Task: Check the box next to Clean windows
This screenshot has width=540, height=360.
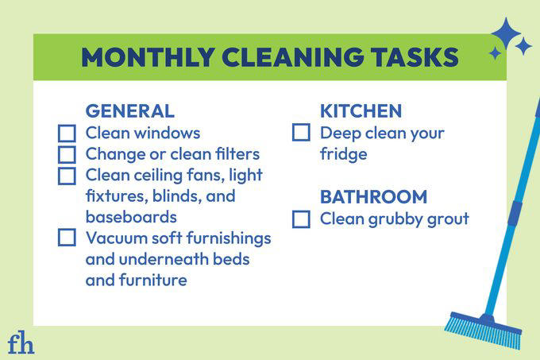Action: pos(67,134)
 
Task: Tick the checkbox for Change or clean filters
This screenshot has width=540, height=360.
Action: pos(67,154)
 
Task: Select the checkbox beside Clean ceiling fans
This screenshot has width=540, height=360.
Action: pos(67,175)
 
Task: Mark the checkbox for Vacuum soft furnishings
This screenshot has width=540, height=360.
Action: pos(67,238)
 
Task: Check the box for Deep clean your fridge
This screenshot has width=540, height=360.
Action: pos(301,134)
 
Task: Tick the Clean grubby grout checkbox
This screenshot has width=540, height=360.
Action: pos(301,219)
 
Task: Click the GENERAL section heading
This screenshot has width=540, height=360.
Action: pos(129,110)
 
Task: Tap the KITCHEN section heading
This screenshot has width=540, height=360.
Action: pos(361,110)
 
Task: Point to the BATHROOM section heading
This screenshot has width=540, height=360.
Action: pos(373,196)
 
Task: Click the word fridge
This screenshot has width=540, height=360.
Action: pos(343,154)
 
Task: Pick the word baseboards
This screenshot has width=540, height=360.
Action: pos(131,217)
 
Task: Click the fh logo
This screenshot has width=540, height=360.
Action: pos(20,343)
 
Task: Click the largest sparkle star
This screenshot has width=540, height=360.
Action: pos(506,34)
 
